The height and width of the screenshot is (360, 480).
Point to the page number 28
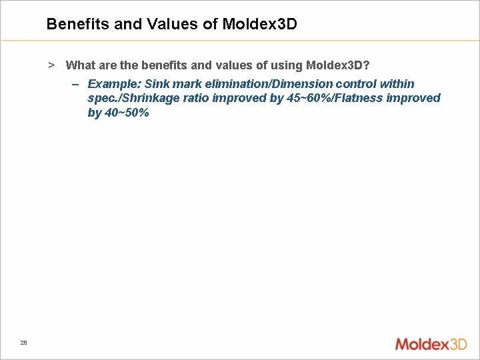pos(23,343)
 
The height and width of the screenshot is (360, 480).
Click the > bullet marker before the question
pos(51,65)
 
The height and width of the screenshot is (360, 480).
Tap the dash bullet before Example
pos(75,85)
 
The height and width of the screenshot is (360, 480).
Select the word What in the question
pos(80,65)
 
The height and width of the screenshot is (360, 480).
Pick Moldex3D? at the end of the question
pos(337,65)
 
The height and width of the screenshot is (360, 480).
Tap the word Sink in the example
pos(156,85)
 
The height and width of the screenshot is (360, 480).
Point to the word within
pos(397,85)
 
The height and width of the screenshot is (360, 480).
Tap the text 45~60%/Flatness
pos(313,99)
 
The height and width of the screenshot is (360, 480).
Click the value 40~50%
pos(127,113)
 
